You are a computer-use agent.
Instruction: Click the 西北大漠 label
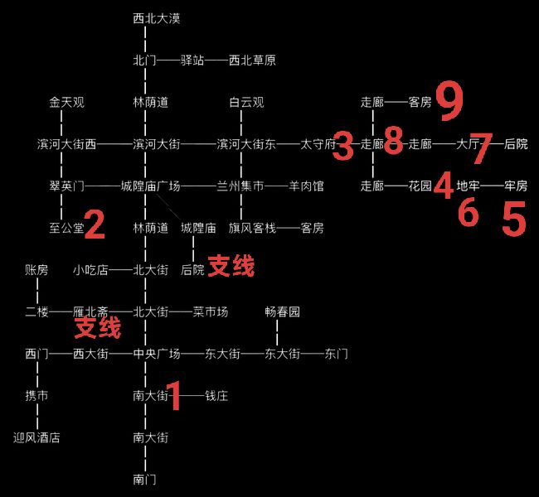(157, 18)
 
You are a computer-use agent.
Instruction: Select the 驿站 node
(192, 60)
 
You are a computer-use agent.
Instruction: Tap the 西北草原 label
(252, 60)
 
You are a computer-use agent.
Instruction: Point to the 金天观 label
(66, 103)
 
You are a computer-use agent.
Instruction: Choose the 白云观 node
(246, 103)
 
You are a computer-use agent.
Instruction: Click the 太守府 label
(318, 144)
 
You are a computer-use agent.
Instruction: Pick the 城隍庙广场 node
(151, 186)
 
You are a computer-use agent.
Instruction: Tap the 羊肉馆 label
(306, 186)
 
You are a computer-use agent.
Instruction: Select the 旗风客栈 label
(252, 228)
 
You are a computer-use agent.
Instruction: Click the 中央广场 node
(157, 354)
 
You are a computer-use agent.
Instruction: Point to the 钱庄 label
(216, 396)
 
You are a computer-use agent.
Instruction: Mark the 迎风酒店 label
(36, 437)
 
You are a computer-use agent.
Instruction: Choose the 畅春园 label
(282, 312)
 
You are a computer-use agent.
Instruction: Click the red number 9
(449, 101)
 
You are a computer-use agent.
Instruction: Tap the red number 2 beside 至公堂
(95, 224)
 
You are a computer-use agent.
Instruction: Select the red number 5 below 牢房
(514, 219)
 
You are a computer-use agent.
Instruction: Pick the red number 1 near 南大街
(175, 395)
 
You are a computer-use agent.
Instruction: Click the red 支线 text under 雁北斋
(98, 328)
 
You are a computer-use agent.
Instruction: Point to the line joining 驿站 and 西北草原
(216, 60)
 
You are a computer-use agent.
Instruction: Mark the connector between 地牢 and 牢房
(493, 186)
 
